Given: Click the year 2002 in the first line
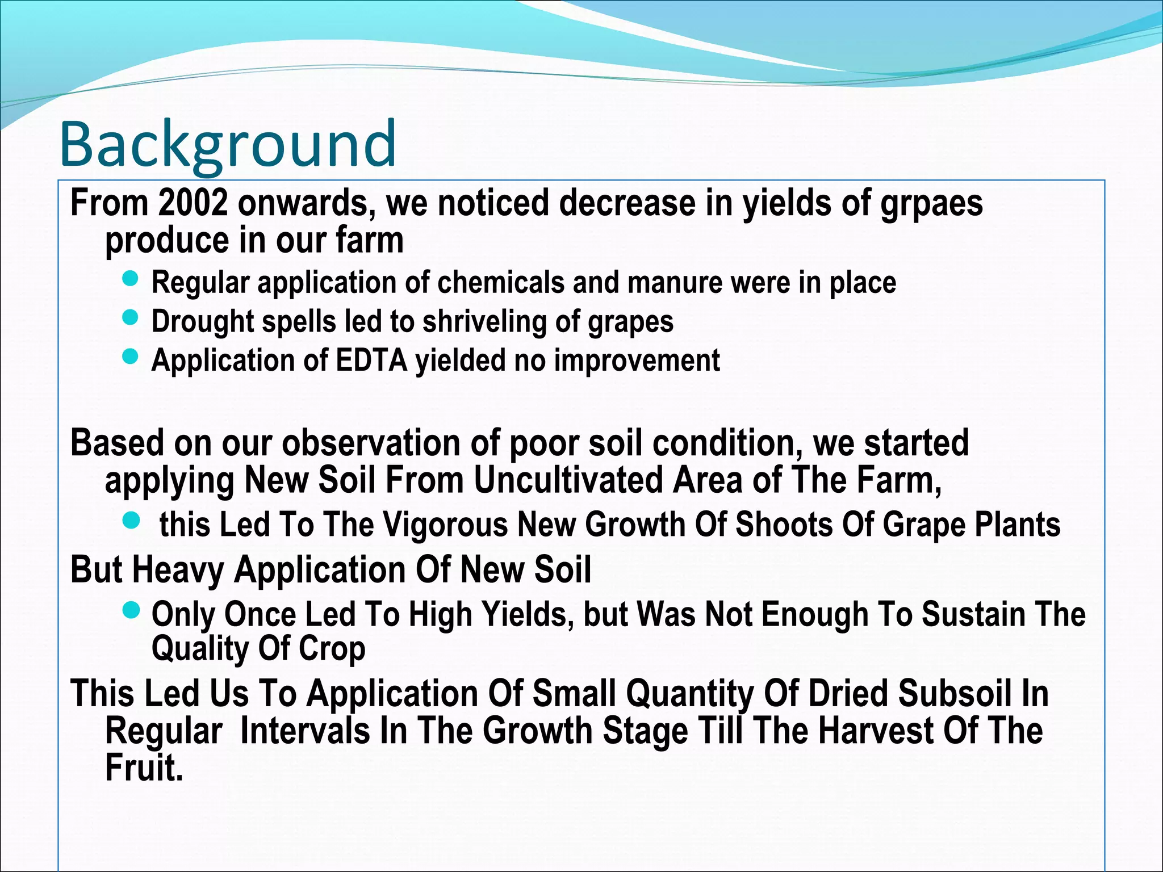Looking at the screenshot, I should pos(193,203).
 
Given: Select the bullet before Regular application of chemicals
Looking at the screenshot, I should pos(131,278).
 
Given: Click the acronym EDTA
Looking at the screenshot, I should pos(371,360).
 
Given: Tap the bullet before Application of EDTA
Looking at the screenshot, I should pos(131,357).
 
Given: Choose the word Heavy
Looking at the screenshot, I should pos(178,569).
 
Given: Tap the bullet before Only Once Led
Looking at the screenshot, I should pos(131,611).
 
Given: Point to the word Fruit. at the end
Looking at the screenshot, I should pos(144,768).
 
